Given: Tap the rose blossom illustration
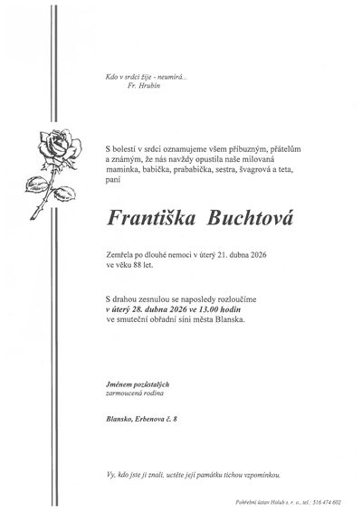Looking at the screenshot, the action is point(50,145).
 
